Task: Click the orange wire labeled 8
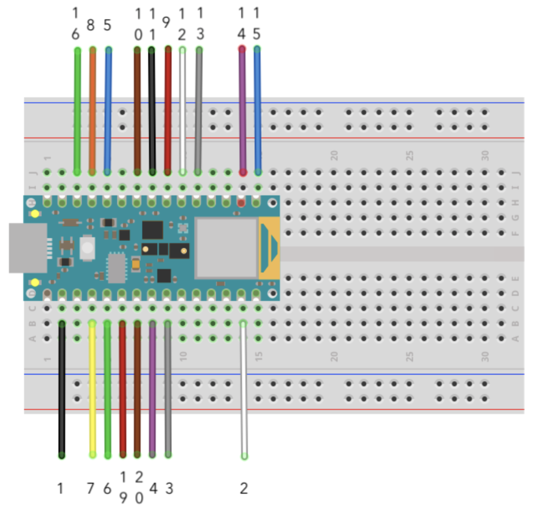point(93,109)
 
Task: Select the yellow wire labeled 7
point(93,388)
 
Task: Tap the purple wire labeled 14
point(242,109)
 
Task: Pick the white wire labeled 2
point(244,388)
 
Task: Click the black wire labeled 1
point(62,388)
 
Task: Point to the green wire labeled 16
point(77,109)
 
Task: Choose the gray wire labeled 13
point(199,109)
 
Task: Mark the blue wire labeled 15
point(257,109)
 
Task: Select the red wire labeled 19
point(123,388)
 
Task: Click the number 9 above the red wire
point(166,23)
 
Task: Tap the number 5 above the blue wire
point(107,25)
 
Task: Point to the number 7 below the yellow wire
point(91,489)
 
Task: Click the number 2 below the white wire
point(244,489)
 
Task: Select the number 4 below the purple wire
point(153,489)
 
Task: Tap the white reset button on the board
point(87,248)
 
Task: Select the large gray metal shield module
point(226,248)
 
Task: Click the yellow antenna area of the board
point(269,248)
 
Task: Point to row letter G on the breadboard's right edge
point(515,218)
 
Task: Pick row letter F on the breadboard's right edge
point(515,233)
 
